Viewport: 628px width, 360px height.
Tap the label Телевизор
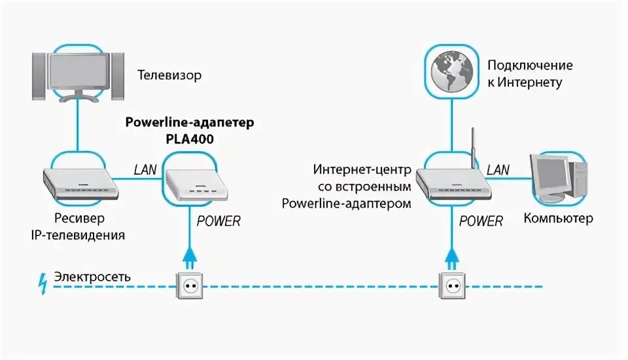click(x=169, y=75)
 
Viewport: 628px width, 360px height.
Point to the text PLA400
click(x=189, y=138)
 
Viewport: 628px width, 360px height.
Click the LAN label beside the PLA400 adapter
click(x=145, y=170)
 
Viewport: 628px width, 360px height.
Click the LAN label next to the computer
click(x=498, y=170)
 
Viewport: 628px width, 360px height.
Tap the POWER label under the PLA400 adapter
click(x=218, y=221)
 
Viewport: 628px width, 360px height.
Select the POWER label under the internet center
click(x=481, y=221)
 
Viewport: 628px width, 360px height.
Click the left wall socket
click(x=189, y=285)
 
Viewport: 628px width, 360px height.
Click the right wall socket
click(x=451, y=285)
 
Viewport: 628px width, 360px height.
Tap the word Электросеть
click(x=92, y=277)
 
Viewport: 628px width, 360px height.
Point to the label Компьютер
click(x=558, y=218)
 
